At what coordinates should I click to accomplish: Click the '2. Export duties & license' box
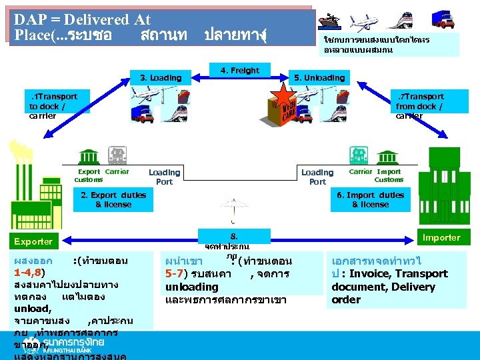pyautogui.click(x=113, y=200)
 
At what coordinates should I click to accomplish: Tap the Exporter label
pyautogui.click(x=35, y=241)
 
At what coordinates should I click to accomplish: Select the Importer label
pyautogui.click(x=441, y=237)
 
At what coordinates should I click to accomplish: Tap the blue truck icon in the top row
pyautogui.click(x=443, y=19)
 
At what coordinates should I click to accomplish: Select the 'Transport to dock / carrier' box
pyautogui.click(x=53, y=106)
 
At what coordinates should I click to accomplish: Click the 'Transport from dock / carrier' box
pyautogui.click(x=419, y=106)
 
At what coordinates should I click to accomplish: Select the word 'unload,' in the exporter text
pyautogui.click(x=32, y=309)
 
